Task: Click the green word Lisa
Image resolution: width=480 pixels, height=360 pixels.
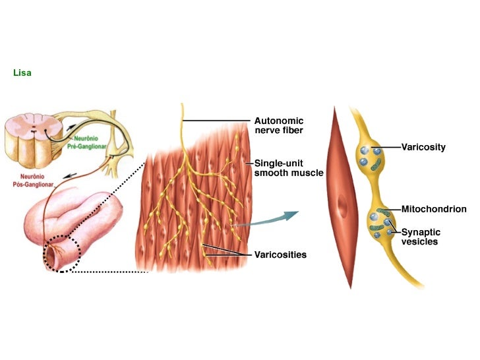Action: tap(22, 73)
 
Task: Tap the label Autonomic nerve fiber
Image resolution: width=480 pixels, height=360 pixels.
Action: tap(279, 125)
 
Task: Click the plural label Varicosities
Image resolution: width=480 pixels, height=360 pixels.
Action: tap(280, 254)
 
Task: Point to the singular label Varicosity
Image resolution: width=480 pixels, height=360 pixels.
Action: tap(423, 147)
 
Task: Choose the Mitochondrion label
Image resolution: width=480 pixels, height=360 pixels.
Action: tap(433, 209)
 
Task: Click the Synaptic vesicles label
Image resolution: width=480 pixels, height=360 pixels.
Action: tap(421, 237)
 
